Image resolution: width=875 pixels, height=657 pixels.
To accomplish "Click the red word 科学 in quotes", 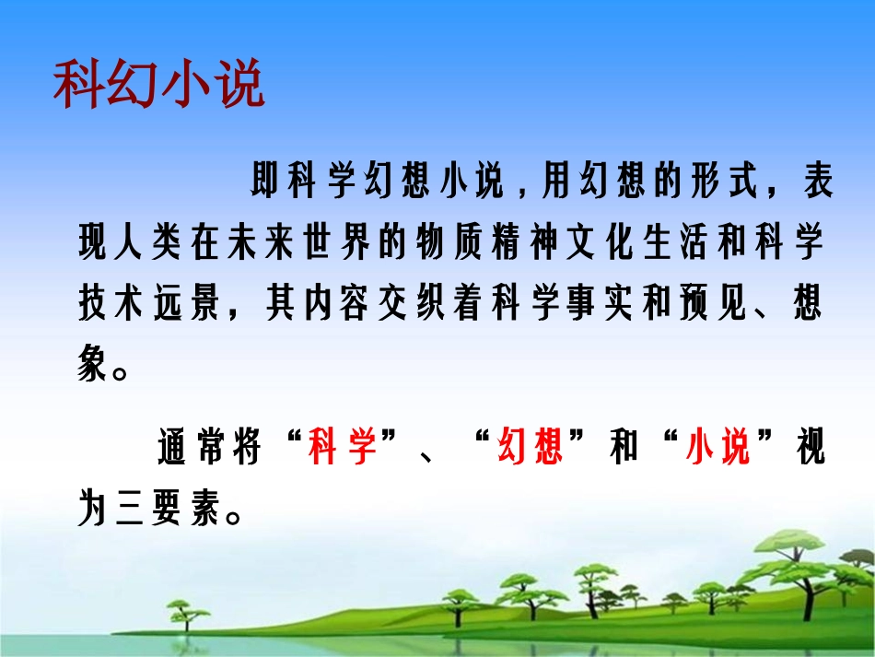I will [343, 451].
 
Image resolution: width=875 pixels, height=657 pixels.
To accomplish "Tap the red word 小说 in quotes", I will [718, 451].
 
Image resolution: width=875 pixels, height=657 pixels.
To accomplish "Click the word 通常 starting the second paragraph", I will [193, 451].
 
